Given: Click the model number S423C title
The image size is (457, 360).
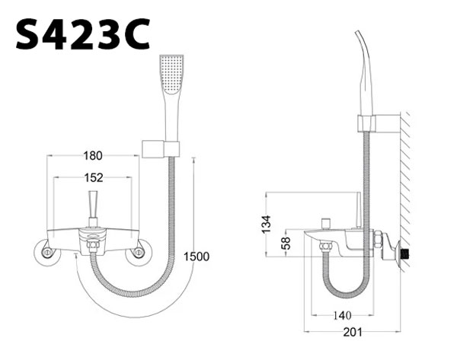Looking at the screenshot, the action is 83,34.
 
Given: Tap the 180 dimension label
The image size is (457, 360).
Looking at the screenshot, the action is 93,155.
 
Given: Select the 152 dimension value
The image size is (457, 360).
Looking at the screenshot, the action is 94,177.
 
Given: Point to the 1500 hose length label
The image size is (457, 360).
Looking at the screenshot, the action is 197,256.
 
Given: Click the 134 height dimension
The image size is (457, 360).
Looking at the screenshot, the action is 266,225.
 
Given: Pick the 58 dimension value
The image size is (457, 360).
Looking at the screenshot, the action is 287,243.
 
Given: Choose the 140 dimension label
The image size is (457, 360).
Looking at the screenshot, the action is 342,315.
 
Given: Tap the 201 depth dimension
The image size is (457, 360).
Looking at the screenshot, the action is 353,332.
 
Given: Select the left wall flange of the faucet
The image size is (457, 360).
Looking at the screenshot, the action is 46,253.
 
